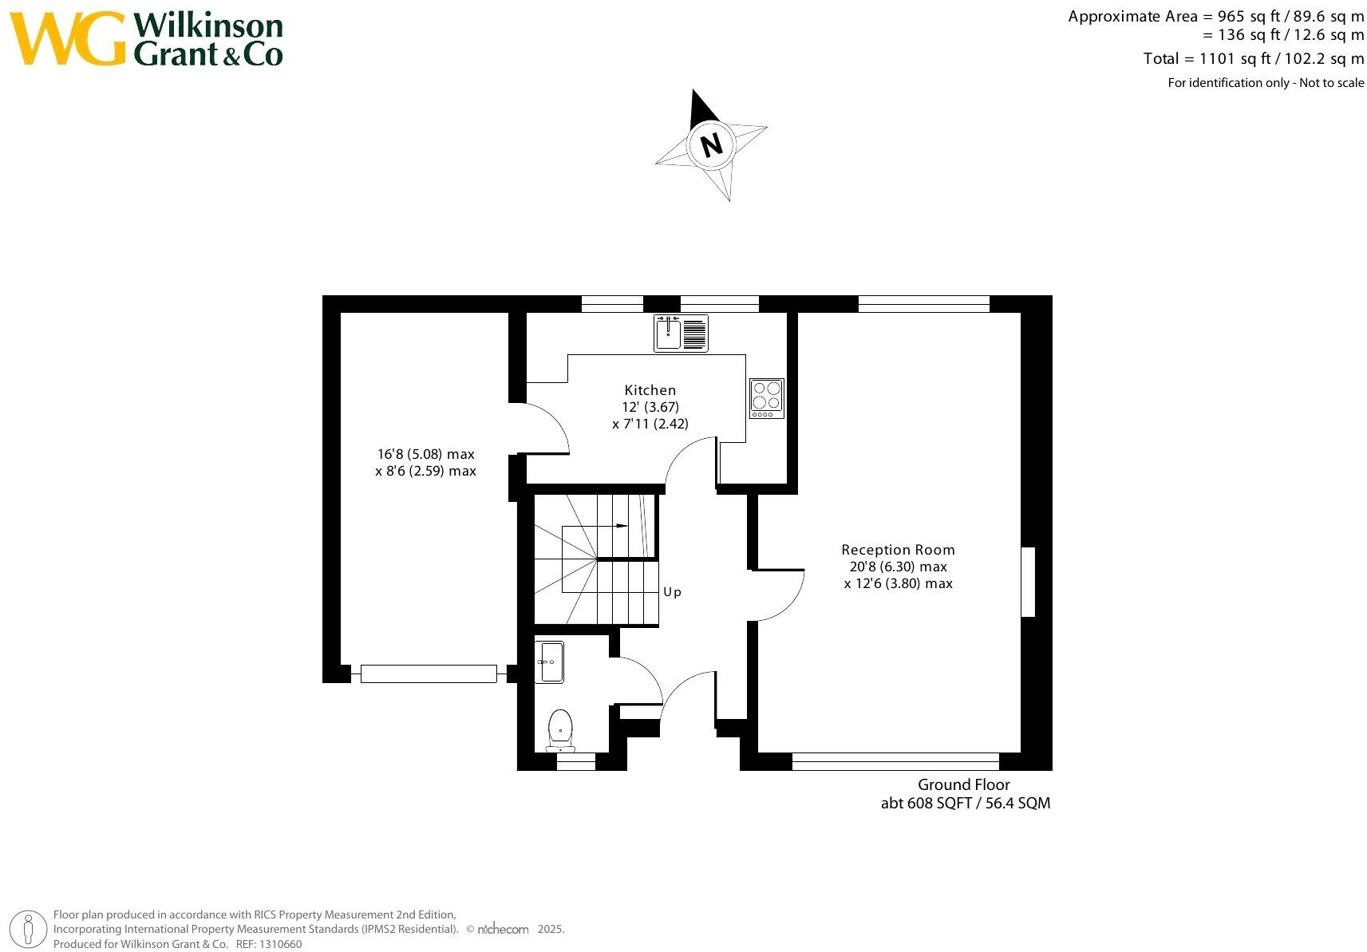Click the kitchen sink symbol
pyautogui.click(x=680, y=334)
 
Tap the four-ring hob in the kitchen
pyautogui.click(x=766, y=398)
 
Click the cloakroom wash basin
pyautogui.click(x=549, y=662)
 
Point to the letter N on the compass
pyautogui.click(x=710, y=145)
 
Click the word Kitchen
pyautogui.click(x=650, y=390)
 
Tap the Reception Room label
pyautogui.click(x=898, y=550)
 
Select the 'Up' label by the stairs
pyautogui.click(x=672, y=592)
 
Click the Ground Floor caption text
pyautogui.click(x=963, y=784)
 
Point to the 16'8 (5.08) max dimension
pyautogui.click(x=425, y=454)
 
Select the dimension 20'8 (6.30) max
pyautogui.click(x=898, y=567)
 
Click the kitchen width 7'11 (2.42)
pyautogui.click(x=650, y=424)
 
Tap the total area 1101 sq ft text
pyautogui.click(x=1253, y=58)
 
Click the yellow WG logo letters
pyautogui.click(x=68, y=38)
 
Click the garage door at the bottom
pyautogui.click(x=429, y=674)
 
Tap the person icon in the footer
pyautogui.click(x=29, y=930)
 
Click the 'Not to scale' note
pyautogui.click(x=1331, y=83)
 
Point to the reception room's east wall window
pyautogui.click(x=1028, y=581)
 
